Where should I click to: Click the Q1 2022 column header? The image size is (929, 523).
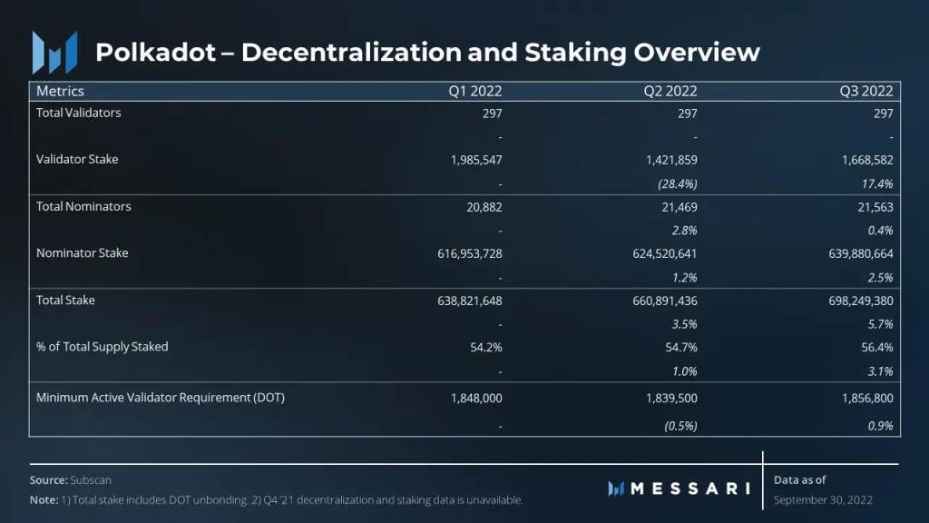[x=475, y=91]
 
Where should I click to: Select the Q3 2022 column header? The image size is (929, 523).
[x=865, y=91]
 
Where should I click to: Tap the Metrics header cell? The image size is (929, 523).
[x=60, y=91]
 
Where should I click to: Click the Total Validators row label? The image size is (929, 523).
[x=78, y=113]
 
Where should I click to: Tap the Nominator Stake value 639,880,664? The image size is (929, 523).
[x=854, y=254]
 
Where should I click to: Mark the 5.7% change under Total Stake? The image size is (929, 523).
[x=880, y=323]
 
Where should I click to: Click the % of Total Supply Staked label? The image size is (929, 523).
[x=102, y=347]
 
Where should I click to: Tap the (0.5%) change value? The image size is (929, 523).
[x=680, y=425]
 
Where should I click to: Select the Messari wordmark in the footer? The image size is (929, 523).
[x=689, y=488]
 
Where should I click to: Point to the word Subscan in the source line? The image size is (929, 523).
[x=91, y=479]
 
